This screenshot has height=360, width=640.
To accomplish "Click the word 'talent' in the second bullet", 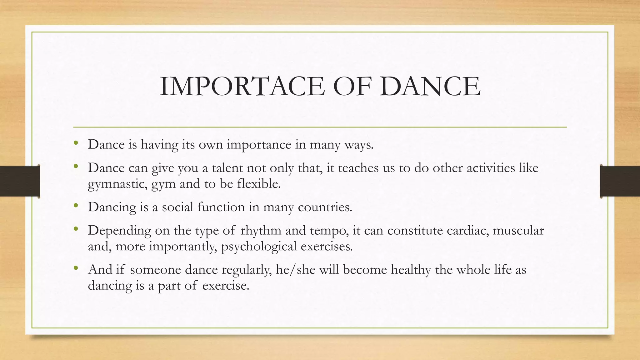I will [227, 168].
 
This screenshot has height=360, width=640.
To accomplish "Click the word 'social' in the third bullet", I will [177, 207].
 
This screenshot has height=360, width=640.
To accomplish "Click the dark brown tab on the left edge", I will [20, 181].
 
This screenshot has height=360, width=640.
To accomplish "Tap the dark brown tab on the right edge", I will [620, 181].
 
